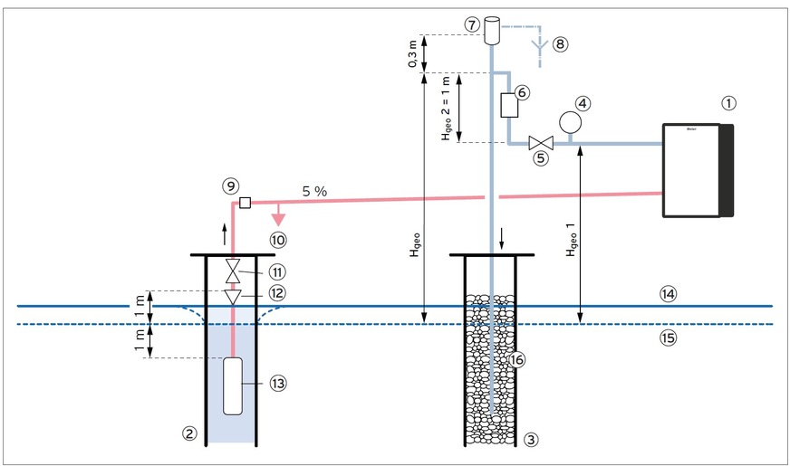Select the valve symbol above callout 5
pyautogui.click(x=542, y=143)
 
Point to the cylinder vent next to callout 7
pyautogui.click(x=493, y=30)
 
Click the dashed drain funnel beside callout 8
pyautogui.click(x=539, y=43)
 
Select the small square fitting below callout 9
pyautogui.click(x=244, y=204)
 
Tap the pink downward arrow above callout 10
pyautogui.click(x=279, y=217)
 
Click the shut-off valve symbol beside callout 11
pyautogui.click(x=233, y=271)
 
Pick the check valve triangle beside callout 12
pyautogui.click(x=233, y=296)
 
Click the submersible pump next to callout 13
pyautogui.click(x=233, y=385)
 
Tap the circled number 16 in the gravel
pyautogui.click(x=516, y=359)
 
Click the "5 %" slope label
pyautogui.click(x=314, y=192)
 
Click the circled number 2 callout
pyautogui.click(x=188, y=433)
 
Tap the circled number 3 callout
pyautogui.click(x=531, y=440)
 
